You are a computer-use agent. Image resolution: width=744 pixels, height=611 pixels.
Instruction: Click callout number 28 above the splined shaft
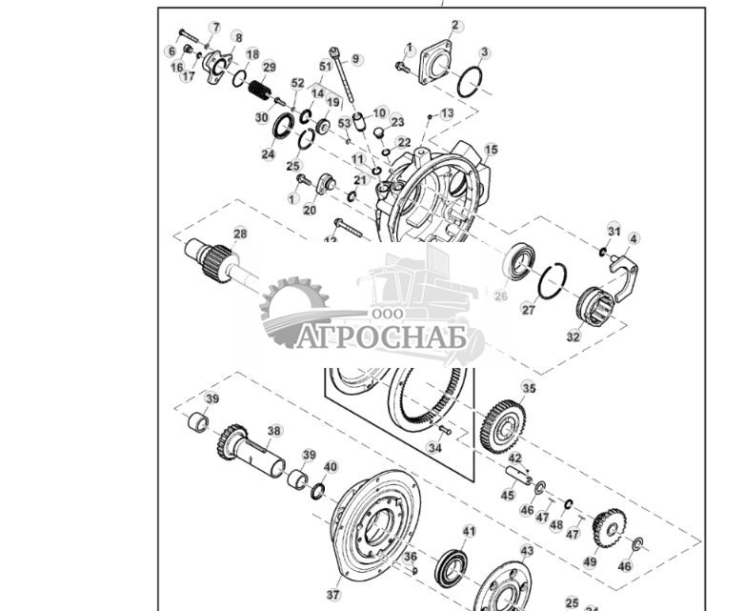[240, 234]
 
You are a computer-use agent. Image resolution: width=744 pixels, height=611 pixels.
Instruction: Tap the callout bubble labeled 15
[491, 150]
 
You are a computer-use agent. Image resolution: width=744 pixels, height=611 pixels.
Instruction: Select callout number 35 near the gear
[529, 389]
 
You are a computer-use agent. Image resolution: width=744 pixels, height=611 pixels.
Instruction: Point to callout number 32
[573, 336]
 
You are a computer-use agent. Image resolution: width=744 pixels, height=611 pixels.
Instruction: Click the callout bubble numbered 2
[454, 26]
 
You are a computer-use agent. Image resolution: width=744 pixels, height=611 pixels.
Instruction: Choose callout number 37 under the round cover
[333, 594]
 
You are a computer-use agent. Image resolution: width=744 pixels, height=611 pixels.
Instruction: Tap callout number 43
[527, 551]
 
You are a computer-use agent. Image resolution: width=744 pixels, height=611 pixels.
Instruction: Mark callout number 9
[355, 59]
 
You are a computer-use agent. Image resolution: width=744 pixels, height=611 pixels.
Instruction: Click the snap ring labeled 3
[472, 82]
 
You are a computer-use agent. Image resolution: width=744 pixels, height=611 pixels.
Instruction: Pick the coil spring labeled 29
[258, 92]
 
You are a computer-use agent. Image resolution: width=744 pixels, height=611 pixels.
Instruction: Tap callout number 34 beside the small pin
[435, 448]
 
